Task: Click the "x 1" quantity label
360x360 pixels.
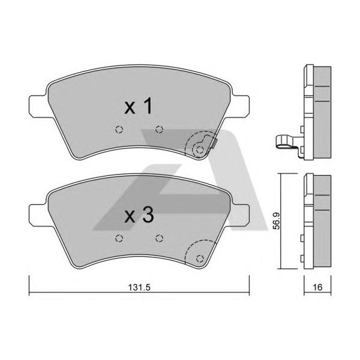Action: (138, 106)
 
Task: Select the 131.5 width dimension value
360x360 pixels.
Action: (139, 287)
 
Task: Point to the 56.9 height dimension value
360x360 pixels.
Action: (277, 221)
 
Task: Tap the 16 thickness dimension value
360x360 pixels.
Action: (317, 287)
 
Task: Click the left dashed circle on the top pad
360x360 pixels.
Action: (119, 130)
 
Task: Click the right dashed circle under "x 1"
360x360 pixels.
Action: (159, 130)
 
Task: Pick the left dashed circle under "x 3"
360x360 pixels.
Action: (119, 238)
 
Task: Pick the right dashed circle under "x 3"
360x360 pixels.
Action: (159, 238)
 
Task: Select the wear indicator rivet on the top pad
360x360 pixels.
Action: (200, 150)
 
